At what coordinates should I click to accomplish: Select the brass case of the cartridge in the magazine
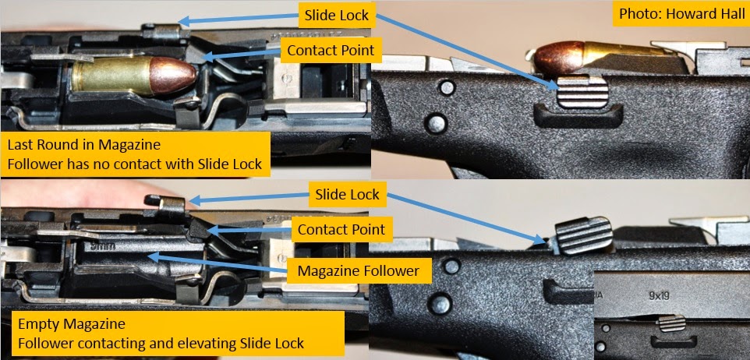[105, 77]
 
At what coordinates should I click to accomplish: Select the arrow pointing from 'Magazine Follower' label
[218, 263]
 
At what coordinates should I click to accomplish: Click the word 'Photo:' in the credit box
[636, 15]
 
